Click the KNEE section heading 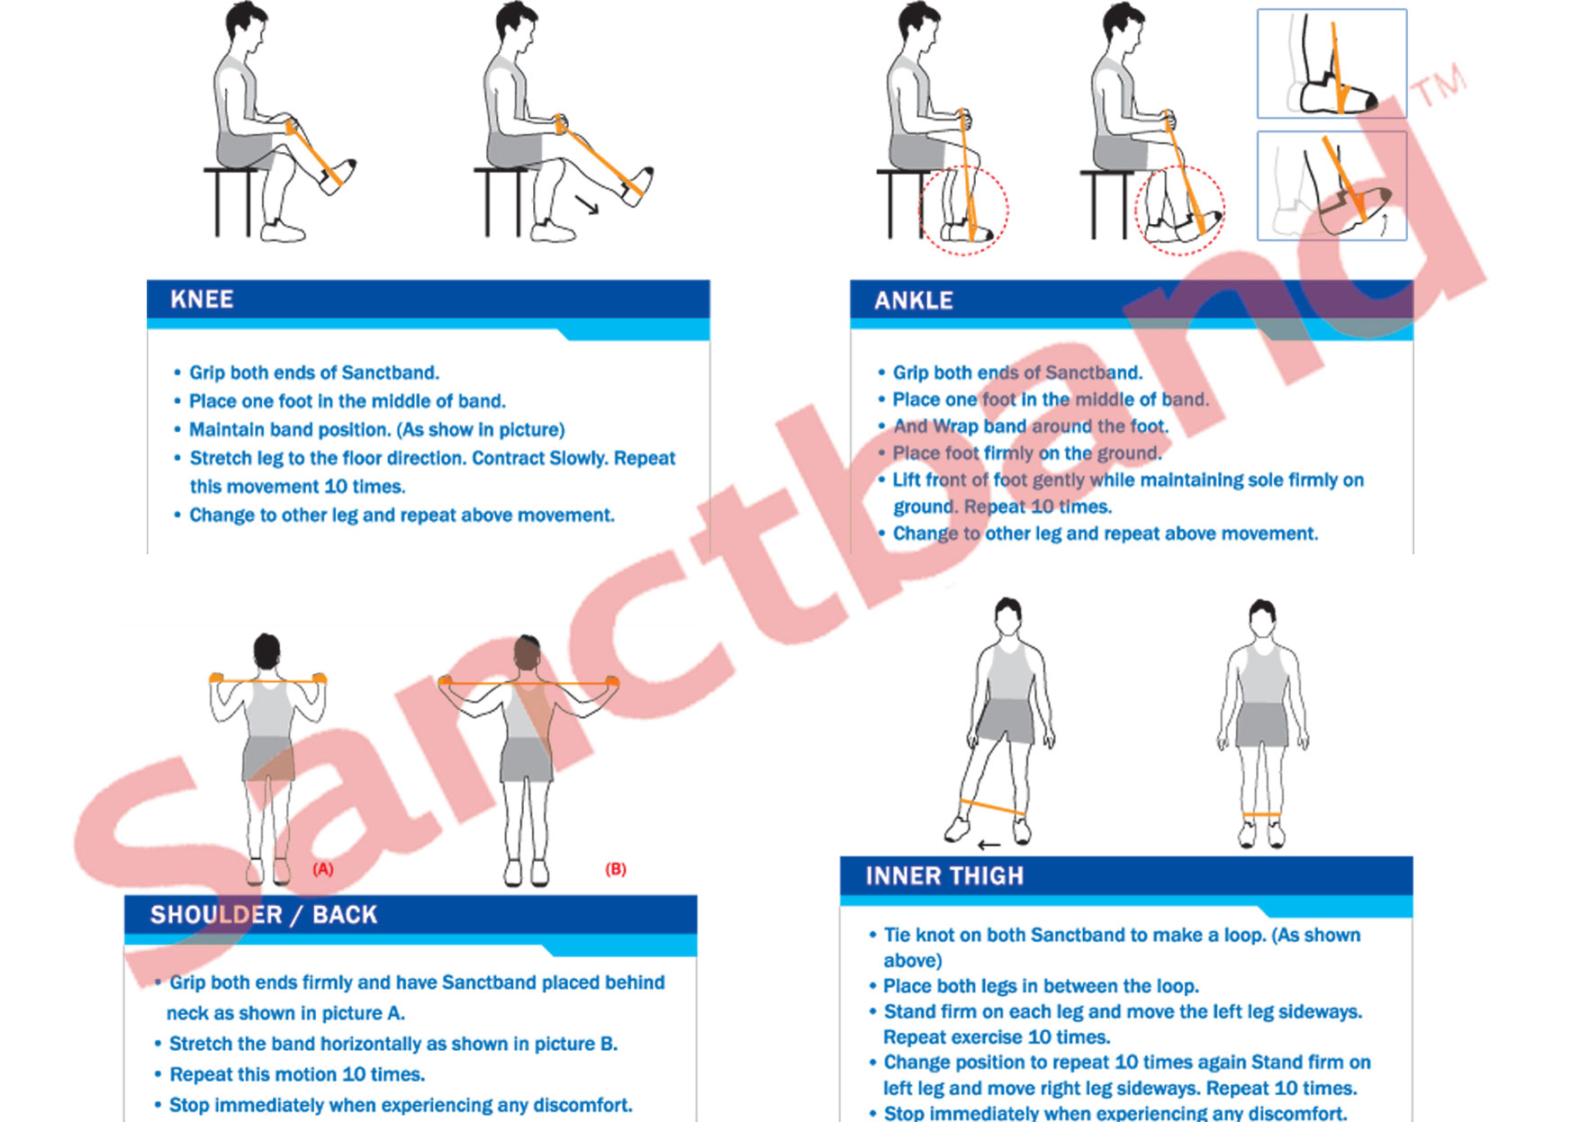point(202,300)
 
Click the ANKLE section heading point(914,301)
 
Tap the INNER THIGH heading point(944,876)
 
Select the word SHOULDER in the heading point(216,915)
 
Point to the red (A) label point(322,869)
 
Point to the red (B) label point(616,869)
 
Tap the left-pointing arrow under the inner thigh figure point(989,845)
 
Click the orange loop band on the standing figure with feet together point(1262,815)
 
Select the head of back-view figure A point(266,651)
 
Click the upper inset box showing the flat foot point(1332,63)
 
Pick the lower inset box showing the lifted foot point(1332,186)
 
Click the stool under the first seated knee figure point(231,202)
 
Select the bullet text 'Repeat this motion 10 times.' point(297,1074)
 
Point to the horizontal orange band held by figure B point(529,685)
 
